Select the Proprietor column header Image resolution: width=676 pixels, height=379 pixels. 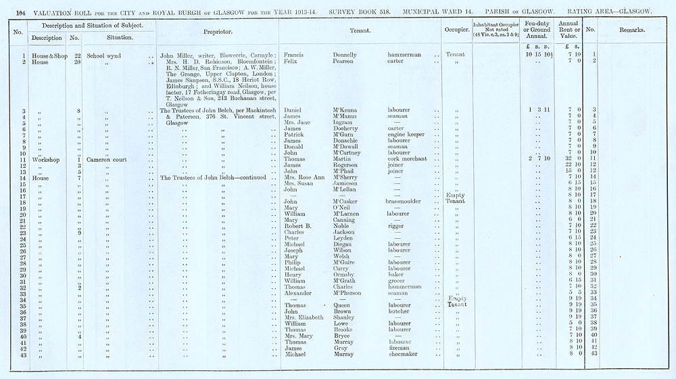pos(218,31)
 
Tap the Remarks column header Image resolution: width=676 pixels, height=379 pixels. pos(631,30)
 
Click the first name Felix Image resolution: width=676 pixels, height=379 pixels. pos(291,61)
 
